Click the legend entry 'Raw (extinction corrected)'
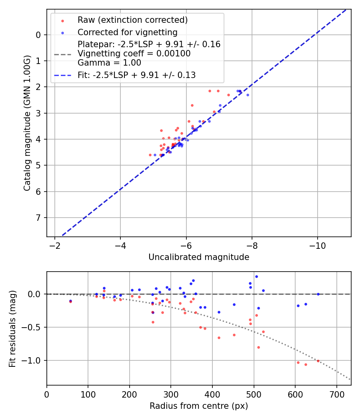point(132,20)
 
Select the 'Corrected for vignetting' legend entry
point(127,32)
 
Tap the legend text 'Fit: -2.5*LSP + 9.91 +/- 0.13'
point(136,75)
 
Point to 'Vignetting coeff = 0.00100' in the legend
point(134,54)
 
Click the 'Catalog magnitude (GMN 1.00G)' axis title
point(27,124)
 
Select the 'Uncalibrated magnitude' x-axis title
point(199,257)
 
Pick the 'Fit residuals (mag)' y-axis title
point(12,329)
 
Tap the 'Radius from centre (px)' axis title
point(199,406)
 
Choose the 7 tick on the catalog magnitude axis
point(38,218)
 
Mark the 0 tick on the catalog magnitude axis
point(38,35)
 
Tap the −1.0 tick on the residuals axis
point(34,360)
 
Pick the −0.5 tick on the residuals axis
point(34,327)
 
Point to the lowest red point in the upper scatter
point(150,155)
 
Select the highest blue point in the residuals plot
point(256,276)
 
